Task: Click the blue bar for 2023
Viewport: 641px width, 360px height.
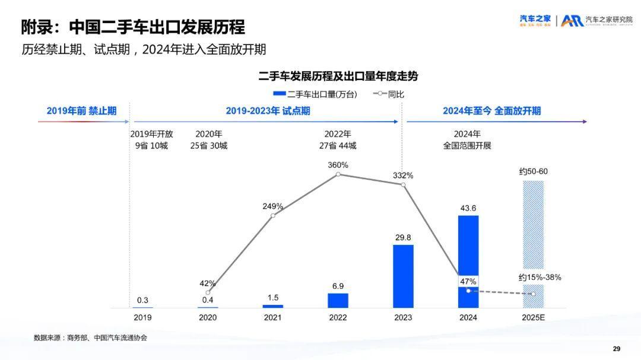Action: point(403,276)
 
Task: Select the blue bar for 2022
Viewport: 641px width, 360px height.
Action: point(338,300)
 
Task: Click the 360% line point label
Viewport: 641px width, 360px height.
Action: point(338,164)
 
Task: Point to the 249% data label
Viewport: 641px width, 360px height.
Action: point(272,206)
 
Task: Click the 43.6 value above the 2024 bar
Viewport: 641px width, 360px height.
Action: point(468,208)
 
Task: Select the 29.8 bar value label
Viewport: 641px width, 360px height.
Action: point(403,237)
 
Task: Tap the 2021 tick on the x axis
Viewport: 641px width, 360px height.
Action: point(272,317)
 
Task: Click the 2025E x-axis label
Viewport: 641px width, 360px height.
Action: point(533,317)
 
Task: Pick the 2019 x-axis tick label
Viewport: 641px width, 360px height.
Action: point(142,317)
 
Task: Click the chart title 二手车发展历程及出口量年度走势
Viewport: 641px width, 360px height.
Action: point(338,77)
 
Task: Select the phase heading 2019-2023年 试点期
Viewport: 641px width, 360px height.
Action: point(268,111)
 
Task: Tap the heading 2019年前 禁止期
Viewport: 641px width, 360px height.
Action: point(81,111)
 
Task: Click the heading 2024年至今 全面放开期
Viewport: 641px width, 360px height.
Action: point(491,111)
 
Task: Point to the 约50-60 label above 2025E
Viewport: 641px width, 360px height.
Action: point(533,171)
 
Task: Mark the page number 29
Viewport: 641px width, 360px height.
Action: point(616,348)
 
